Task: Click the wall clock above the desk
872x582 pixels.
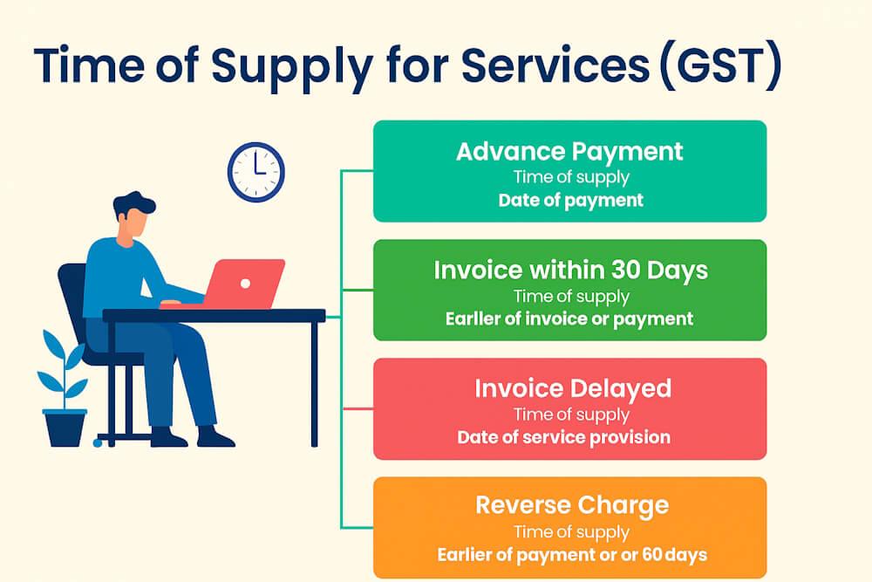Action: [255, 172]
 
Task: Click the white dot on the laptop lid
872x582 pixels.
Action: [245, 284]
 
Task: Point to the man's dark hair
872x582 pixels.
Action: [133, 205]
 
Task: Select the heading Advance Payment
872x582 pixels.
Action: [569, 151]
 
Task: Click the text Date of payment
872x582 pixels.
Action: [570, 200]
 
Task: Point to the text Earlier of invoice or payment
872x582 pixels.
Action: [569, 318]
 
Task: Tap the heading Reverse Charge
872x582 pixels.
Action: [572, 505]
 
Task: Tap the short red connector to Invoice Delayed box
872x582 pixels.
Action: [357, 408]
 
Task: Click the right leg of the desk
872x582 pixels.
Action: [314, 384]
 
